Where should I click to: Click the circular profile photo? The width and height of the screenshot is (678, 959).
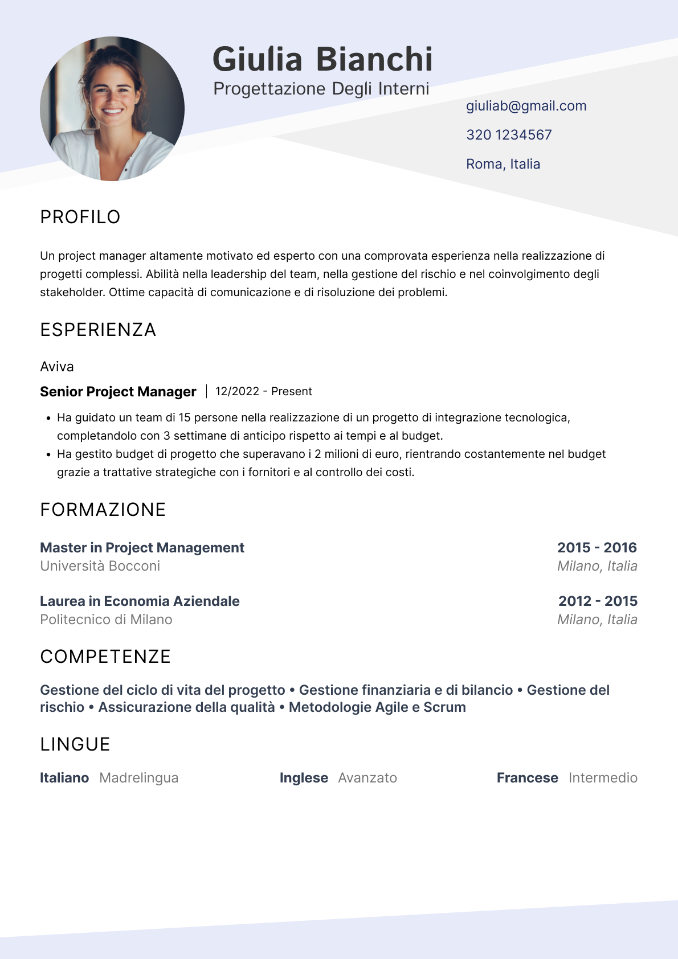coord(112,109)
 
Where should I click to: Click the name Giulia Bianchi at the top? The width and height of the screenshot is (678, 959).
coord(322,59)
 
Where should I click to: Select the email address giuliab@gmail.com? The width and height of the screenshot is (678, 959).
coord(526,106)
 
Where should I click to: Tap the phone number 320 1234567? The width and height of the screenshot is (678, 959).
coord(509,135)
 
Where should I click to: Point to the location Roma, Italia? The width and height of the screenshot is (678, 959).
coord(503,164)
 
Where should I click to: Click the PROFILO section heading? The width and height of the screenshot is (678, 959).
coord(80,217)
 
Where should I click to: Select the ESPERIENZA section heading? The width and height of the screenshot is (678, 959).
coord(98,330)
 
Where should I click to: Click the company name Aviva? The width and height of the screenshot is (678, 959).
coord(57,367)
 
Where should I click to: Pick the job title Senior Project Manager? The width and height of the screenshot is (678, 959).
coord(118,392)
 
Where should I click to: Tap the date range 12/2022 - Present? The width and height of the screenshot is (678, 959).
coord(263,392)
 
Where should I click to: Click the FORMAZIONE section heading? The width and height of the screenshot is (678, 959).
coord(103,510)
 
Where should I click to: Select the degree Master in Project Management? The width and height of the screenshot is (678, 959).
coord(142,548)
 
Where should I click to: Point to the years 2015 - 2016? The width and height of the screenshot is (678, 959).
coord(597,548)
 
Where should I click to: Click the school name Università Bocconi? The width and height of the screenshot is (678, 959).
coord(100,566)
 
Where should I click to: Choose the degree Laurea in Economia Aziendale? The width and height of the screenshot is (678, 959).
coord(140,601)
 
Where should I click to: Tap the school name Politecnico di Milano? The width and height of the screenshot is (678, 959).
coord(106,620)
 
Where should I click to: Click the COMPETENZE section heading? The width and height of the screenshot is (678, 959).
coord(105,657)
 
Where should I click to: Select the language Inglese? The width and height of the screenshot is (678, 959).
coord(304,778)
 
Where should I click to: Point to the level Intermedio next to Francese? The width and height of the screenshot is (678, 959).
coord(603,778)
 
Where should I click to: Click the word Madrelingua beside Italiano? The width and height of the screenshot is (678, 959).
coord(138,778)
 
